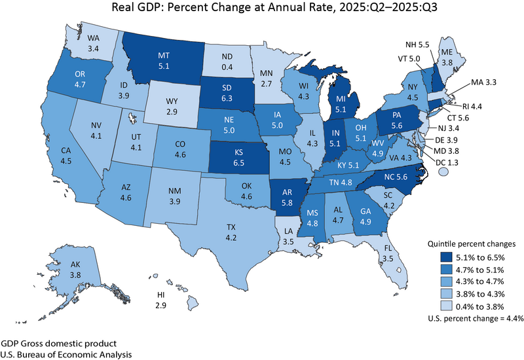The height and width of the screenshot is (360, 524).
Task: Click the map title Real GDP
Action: (261, 9)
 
